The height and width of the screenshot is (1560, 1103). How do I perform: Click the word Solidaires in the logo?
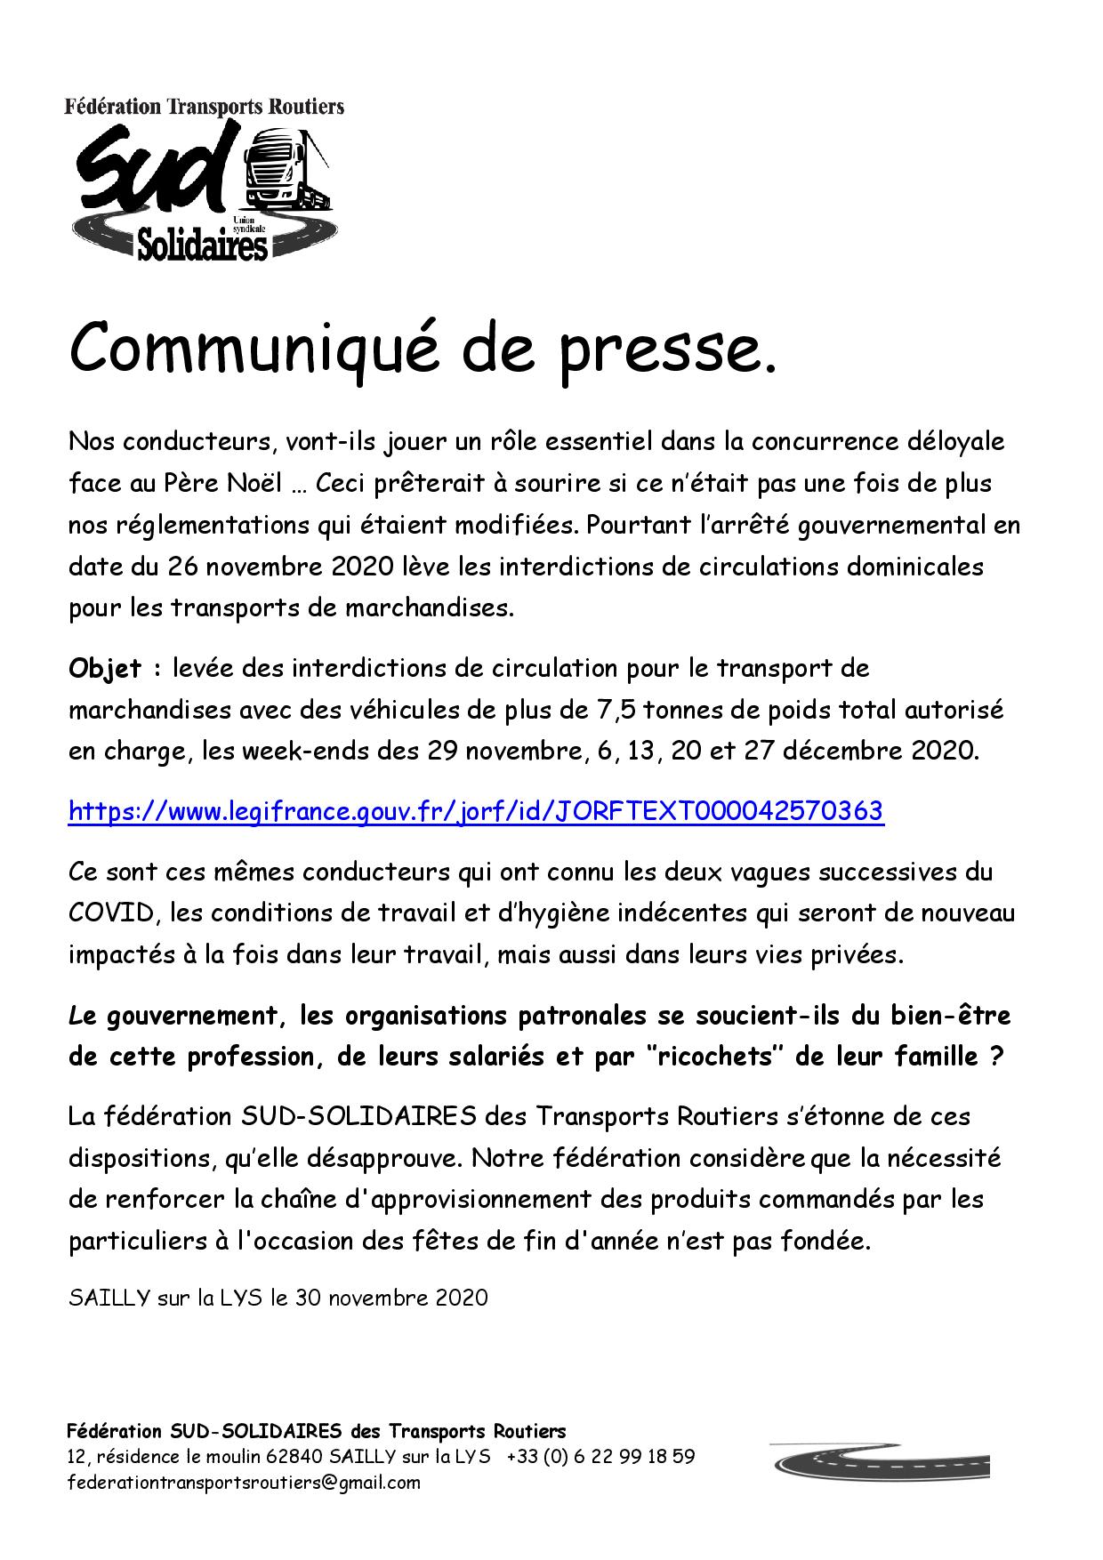click(x=203, y=242)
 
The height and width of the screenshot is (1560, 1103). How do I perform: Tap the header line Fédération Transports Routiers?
click(x=204, y=107)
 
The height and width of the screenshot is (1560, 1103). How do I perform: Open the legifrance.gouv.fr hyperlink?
click(x=476, y=811)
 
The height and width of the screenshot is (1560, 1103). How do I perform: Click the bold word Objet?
click(x=105, y=668)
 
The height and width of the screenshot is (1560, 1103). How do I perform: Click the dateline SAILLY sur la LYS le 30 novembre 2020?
click(x=278, y=1298)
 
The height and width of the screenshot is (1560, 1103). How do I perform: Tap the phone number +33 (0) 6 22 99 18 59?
click(x=601, y=1457)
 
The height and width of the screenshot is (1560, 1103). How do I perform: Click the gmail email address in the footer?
click(x=244, y=1483)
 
